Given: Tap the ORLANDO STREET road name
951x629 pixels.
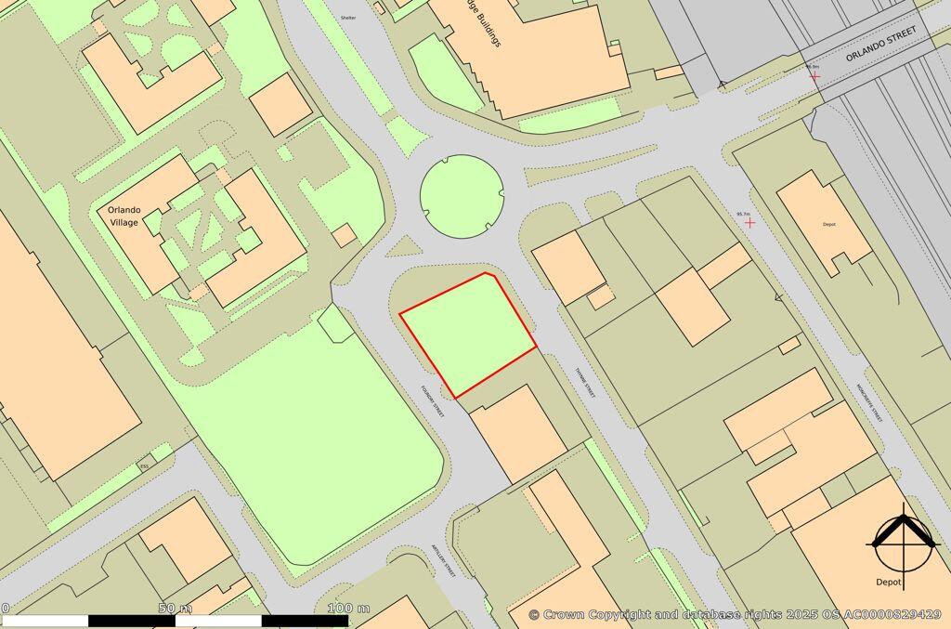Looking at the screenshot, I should pyautogui.click(x=880, y=44).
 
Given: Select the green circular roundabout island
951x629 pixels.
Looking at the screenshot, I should pyautogui.click(x=462, y=194).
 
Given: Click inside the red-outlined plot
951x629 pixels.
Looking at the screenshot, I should pyautogui.click(x=469, y=333).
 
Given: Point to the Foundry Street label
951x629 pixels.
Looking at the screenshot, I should pyautogui.click(x=433, y=402).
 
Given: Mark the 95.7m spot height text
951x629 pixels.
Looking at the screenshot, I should pyautogui.click(x=743, y=214).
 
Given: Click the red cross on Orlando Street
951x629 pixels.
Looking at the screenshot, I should pyautogui.click(x=814, y=76).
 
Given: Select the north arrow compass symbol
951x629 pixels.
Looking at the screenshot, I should pyautogui.click(x=902, y=542).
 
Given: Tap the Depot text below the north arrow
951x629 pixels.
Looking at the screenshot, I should pyautogui.click(x=889, y=582).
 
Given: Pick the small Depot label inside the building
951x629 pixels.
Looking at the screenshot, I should pyautogui.click(x=829, y=224).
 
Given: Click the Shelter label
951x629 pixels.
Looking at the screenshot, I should pyautogui.click(x=348, y=18).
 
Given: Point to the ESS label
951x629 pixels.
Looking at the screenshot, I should pyautogui.click(x=144, y=465).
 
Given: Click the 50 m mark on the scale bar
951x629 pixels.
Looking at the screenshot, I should pyautogui.click(x=175, y=609).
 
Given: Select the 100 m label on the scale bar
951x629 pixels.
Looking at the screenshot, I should pyautogui.click(x=348, y=609).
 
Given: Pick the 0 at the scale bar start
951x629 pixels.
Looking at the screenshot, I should pyautogui.click(x=5, y=609).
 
